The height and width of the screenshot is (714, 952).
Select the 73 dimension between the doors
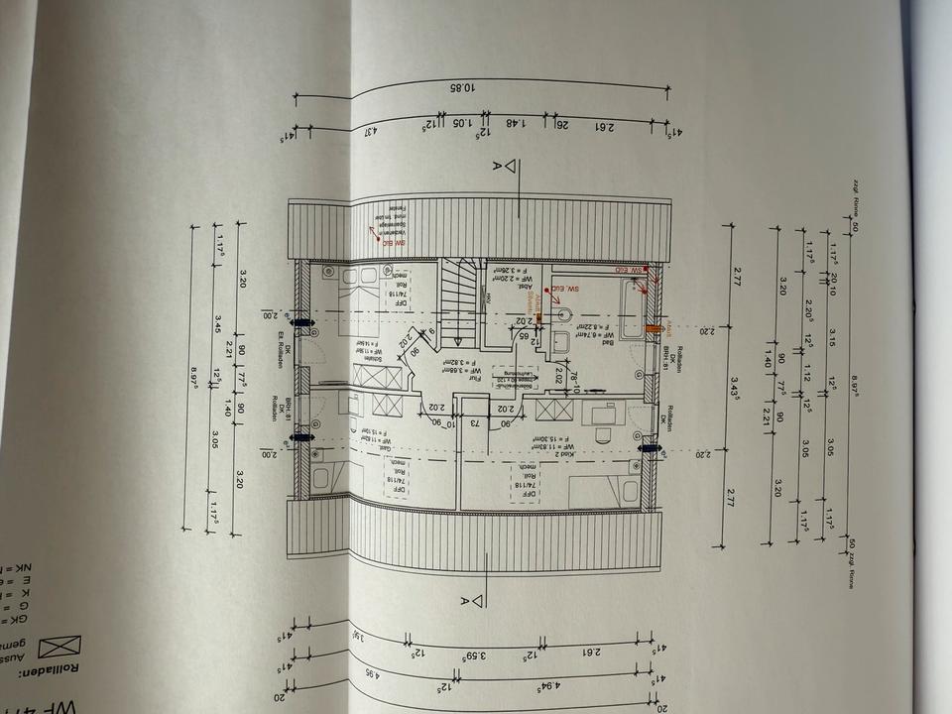pyautogui.click(x=473, y=424)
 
